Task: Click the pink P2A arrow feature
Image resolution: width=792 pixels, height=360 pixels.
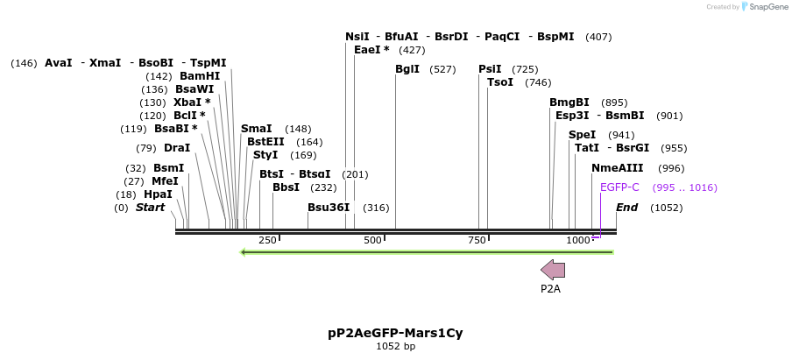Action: pos(553,270)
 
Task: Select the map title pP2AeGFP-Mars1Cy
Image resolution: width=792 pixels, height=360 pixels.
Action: pos(395,333)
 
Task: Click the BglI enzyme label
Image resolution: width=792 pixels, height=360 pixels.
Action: pos(407,69)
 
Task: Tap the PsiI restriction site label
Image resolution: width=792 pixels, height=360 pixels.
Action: pos(490,69)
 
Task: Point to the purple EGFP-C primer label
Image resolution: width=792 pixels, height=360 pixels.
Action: pos(619,187)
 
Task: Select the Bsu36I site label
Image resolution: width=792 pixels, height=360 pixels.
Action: pos(329,208)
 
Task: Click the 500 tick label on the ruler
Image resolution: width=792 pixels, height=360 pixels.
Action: pos(372,240)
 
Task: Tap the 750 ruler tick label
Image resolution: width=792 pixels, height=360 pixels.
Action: pos(476,240)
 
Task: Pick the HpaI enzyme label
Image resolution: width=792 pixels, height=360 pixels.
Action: pos(158,194)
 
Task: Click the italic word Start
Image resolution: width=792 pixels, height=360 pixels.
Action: pos(150,208)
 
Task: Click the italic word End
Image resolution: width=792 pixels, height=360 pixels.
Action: pos(626,208)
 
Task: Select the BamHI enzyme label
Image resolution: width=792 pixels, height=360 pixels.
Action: pos(200,76)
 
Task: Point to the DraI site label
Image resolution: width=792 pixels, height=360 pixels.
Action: pos(177,148)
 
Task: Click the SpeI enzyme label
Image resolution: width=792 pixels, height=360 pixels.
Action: pos(582,135)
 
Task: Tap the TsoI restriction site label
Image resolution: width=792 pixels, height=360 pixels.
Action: pos(500,82)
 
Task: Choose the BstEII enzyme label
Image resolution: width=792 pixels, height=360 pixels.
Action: pos(265,142)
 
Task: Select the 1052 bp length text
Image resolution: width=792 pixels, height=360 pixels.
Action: pos(395,347)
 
